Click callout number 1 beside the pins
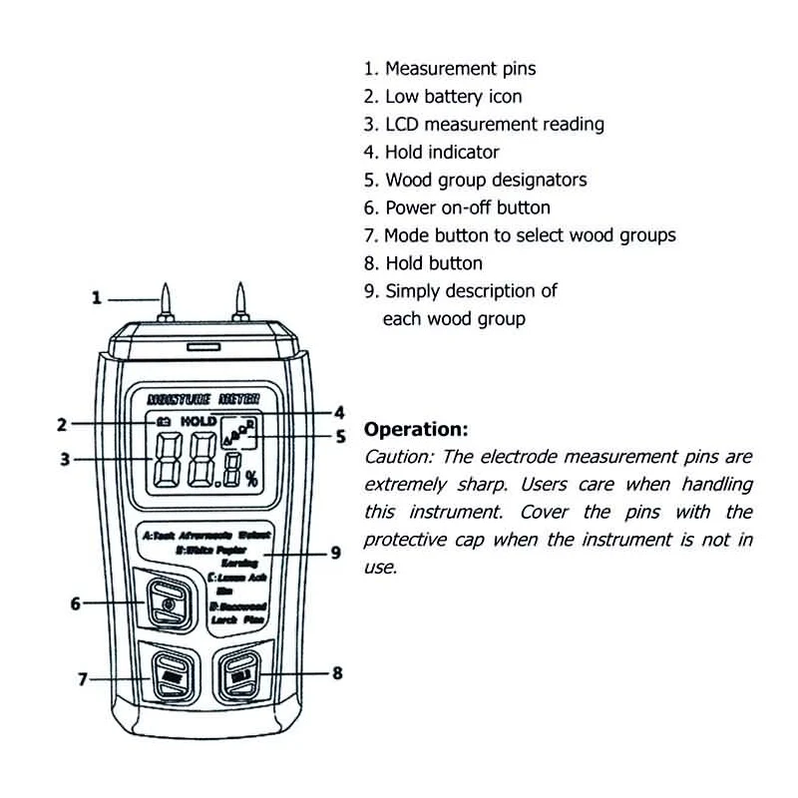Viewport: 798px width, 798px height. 97,297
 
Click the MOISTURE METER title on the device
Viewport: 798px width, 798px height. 203,399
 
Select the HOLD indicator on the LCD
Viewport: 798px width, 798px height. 198,421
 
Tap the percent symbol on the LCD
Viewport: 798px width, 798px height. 251,476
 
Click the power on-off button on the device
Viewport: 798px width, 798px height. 168,603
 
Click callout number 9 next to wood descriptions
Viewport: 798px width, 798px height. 336,552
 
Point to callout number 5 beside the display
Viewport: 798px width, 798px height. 339,437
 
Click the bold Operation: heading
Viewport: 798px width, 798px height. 415,430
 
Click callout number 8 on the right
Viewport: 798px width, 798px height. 337,673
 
